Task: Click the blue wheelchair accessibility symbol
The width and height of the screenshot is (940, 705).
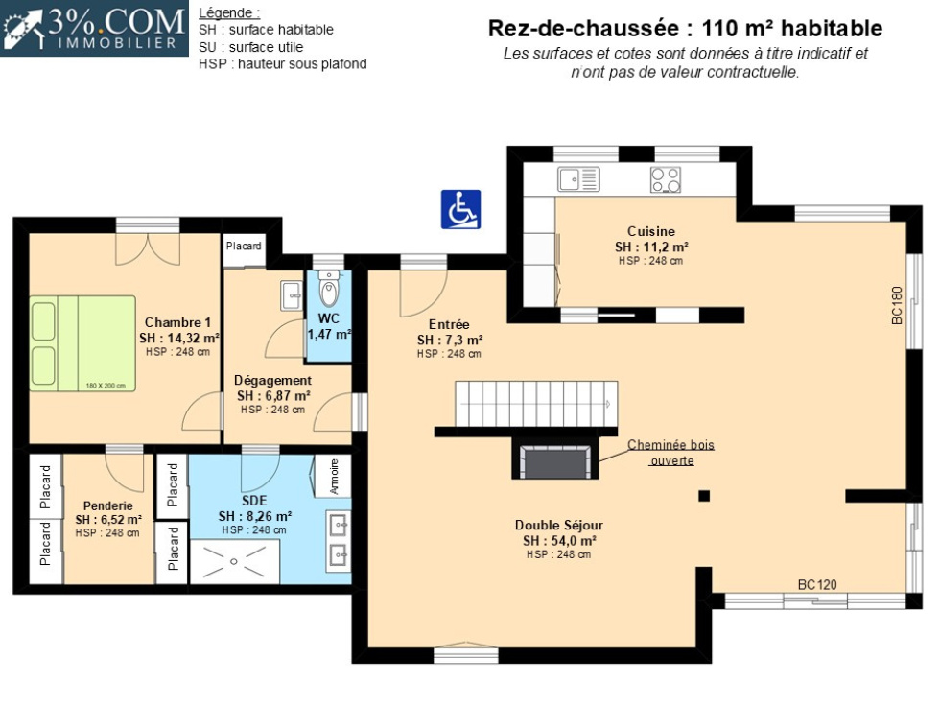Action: point(460,209)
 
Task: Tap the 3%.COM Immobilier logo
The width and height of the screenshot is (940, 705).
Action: point(94,28)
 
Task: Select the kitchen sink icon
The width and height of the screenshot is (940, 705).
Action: point(578,179)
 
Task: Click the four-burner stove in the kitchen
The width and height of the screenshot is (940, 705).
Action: point(666,179)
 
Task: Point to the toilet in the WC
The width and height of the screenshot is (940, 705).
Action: point(328,289)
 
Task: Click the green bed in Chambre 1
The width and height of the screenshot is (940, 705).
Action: point(82,343)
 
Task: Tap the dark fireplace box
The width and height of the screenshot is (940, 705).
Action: point(555,458)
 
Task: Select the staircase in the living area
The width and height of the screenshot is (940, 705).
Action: point(536,404)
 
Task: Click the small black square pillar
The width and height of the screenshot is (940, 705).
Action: point(704,495)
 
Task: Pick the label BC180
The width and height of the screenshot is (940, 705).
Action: point(897,306)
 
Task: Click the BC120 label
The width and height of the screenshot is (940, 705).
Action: point(817,584)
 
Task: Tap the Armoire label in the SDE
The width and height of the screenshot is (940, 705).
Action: point(335,477)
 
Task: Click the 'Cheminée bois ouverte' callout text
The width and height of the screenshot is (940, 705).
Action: point(671,453)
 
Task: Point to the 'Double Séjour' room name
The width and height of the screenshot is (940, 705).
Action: point(558,526)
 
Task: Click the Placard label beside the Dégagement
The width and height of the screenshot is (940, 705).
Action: point(244,246)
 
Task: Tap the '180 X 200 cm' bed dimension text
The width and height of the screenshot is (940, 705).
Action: point(106,386)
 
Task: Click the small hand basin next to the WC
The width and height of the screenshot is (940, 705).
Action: point(292,295)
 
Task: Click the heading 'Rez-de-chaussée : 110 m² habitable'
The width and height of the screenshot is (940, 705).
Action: point(685,28)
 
